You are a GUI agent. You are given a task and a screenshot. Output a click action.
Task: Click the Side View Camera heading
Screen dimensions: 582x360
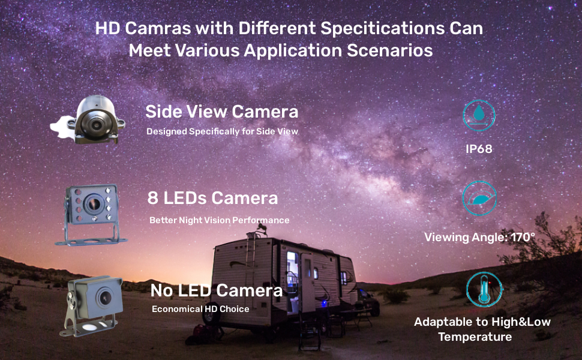221,112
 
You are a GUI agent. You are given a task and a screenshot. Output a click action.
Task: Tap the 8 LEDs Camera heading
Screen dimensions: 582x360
212,198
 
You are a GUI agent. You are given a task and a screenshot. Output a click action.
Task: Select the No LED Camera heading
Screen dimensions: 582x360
217,290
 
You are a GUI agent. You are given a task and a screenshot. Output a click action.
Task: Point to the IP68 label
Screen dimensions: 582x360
479,149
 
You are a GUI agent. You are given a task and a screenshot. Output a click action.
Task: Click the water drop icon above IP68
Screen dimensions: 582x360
479,112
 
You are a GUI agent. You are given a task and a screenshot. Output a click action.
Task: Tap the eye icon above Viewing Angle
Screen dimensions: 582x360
479,199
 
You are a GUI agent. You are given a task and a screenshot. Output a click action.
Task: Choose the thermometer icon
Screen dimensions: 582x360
484,289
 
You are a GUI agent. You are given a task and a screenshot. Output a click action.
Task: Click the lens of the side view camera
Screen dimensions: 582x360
96,125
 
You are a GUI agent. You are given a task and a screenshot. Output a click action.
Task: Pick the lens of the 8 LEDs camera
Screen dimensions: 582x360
93,203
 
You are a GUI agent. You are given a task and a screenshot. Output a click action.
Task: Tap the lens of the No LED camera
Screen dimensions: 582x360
105,297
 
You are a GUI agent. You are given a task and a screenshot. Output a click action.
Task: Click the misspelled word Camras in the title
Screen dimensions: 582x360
158,28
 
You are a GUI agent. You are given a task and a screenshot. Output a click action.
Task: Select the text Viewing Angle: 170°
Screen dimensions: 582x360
479,237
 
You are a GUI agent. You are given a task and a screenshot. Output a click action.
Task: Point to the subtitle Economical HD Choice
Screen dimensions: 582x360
200,309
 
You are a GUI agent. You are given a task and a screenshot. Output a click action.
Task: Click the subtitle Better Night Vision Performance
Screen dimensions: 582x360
220,220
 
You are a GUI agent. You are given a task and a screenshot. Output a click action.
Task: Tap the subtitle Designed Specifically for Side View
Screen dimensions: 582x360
222,131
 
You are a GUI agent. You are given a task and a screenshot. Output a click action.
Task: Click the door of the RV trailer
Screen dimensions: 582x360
307,283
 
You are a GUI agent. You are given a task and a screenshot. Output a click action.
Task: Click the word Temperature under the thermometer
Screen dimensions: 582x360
475,337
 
